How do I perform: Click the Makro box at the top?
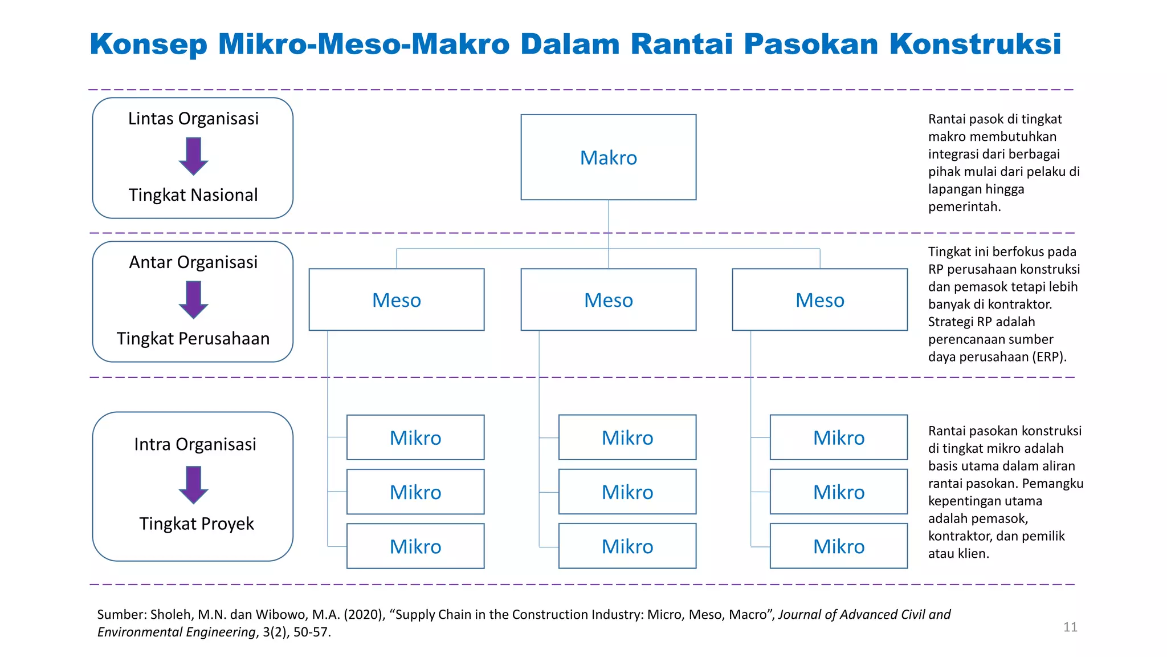pos(608,157)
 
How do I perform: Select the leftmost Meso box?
pos(396,300)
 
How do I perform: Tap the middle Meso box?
pos(608,300)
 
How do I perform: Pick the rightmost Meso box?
pos(819,300)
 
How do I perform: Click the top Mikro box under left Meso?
pos(415,437)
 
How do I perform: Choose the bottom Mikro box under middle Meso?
pos(627,546)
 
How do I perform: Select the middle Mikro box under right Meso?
pos(838,492)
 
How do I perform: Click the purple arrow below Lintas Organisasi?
pos(193,156)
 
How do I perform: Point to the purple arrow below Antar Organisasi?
pos(193,299)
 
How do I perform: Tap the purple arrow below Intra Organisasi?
pos(193,484)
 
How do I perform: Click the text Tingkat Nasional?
pos(193,195)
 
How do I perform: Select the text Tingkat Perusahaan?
pos(193,339)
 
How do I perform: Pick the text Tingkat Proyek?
pos(197,524)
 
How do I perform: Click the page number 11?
pos(1070,627)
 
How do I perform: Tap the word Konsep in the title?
pos(149,44)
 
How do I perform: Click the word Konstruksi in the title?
pos(975,44)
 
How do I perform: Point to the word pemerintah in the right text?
pos(964,207)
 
